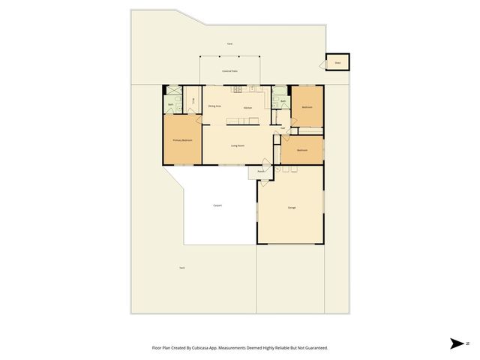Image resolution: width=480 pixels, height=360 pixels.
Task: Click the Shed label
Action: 337,64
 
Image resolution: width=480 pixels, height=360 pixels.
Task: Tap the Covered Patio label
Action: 229,71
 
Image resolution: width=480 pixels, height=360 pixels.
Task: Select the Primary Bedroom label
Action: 182,140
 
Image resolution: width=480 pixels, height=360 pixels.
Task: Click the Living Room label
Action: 238,145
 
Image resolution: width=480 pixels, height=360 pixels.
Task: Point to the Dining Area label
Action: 214,106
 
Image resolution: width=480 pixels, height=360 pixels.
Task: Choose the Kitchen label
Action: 247,108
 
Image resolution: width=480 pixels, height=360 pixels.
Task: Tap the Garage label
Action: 292,207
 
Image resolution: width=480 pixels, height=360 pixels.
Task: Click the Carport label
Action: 217,205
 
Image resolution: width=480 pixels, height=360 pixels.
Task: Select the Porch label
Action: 261,172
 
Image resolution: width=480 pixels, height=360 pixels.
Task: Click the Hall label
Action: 282,128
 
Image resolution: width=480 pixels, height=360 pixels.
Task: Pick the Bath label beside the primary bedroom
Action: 171,104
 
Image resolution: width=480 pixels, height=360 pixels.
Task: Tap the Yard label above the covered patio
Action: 229,44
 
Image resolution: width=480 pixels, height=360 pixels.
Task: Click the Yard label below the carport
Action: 181,268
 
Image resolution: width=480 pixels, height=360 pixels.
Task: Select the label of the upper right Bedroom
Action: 307,107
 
